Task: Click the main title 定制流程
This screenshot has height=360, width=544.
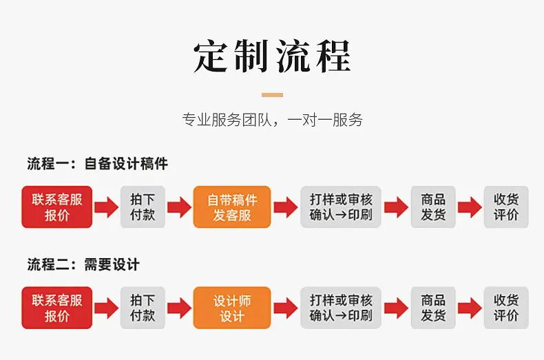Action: [x=272, y=56]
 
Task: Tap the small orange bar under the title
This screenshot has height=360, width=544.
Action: [x=273, y=95]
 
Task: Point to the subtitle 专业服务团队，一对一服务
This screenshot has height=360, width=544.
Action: [x=273, y=120]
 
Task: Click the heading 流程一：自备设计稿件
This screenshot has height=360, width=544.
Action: [x=98, y=164]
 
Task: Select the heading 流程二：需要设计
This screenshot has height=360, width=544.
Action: [x=83, y=264]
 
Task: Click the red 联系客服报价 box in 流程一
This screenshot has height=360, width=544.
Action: [x=57, y=207]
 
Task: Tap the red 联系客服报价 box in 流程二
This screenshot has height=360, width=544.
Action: [x=57, y=308]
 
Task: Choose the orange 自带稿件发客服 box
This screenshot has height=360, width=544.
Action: [x=232, y=207]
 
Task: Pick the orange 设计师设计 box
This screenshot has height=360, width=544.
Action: [x=232, y=308]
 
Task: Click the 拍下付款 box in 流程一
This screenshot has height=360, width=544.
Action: [x=143, y=207]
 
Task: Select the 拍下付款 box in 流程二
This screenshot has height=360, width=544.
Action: [x=143, y=308]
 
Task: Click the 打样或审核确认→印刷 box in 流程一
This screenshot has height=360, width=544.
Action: [x=341, y=207]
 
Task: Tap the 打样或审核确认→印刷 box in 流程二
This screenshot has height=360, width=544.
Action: [x=341, y=308]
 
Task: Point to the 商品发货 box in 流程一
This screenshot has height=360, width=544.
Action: [x=433, y=207]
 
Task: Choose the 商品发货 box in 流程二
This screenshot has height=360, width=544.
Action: [x=433, y=308]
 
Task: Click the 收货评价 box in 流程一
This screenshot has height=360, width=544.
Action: [x=506, y=207]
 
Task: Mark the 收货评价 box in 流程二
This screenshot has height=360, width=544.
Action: [x=506, y=308]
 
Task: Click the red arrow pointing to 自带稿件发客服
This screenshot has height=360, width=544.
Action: [x=179, y=207]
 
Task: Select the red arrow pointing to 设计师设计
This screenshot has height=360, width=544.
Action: [x=179, y=308]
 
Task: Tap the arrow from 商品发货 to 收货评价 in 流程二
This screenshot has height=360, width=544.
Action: [x=470, y=308]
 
